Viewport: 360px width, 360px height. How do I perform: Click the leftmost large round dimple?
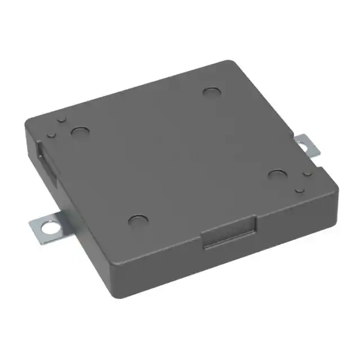pos(79,132)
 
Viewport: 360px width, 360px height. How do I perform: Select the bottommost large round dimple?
pos(137,220)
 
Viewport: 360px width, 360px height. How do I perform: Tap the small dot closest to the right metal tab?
pos(307,175)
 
